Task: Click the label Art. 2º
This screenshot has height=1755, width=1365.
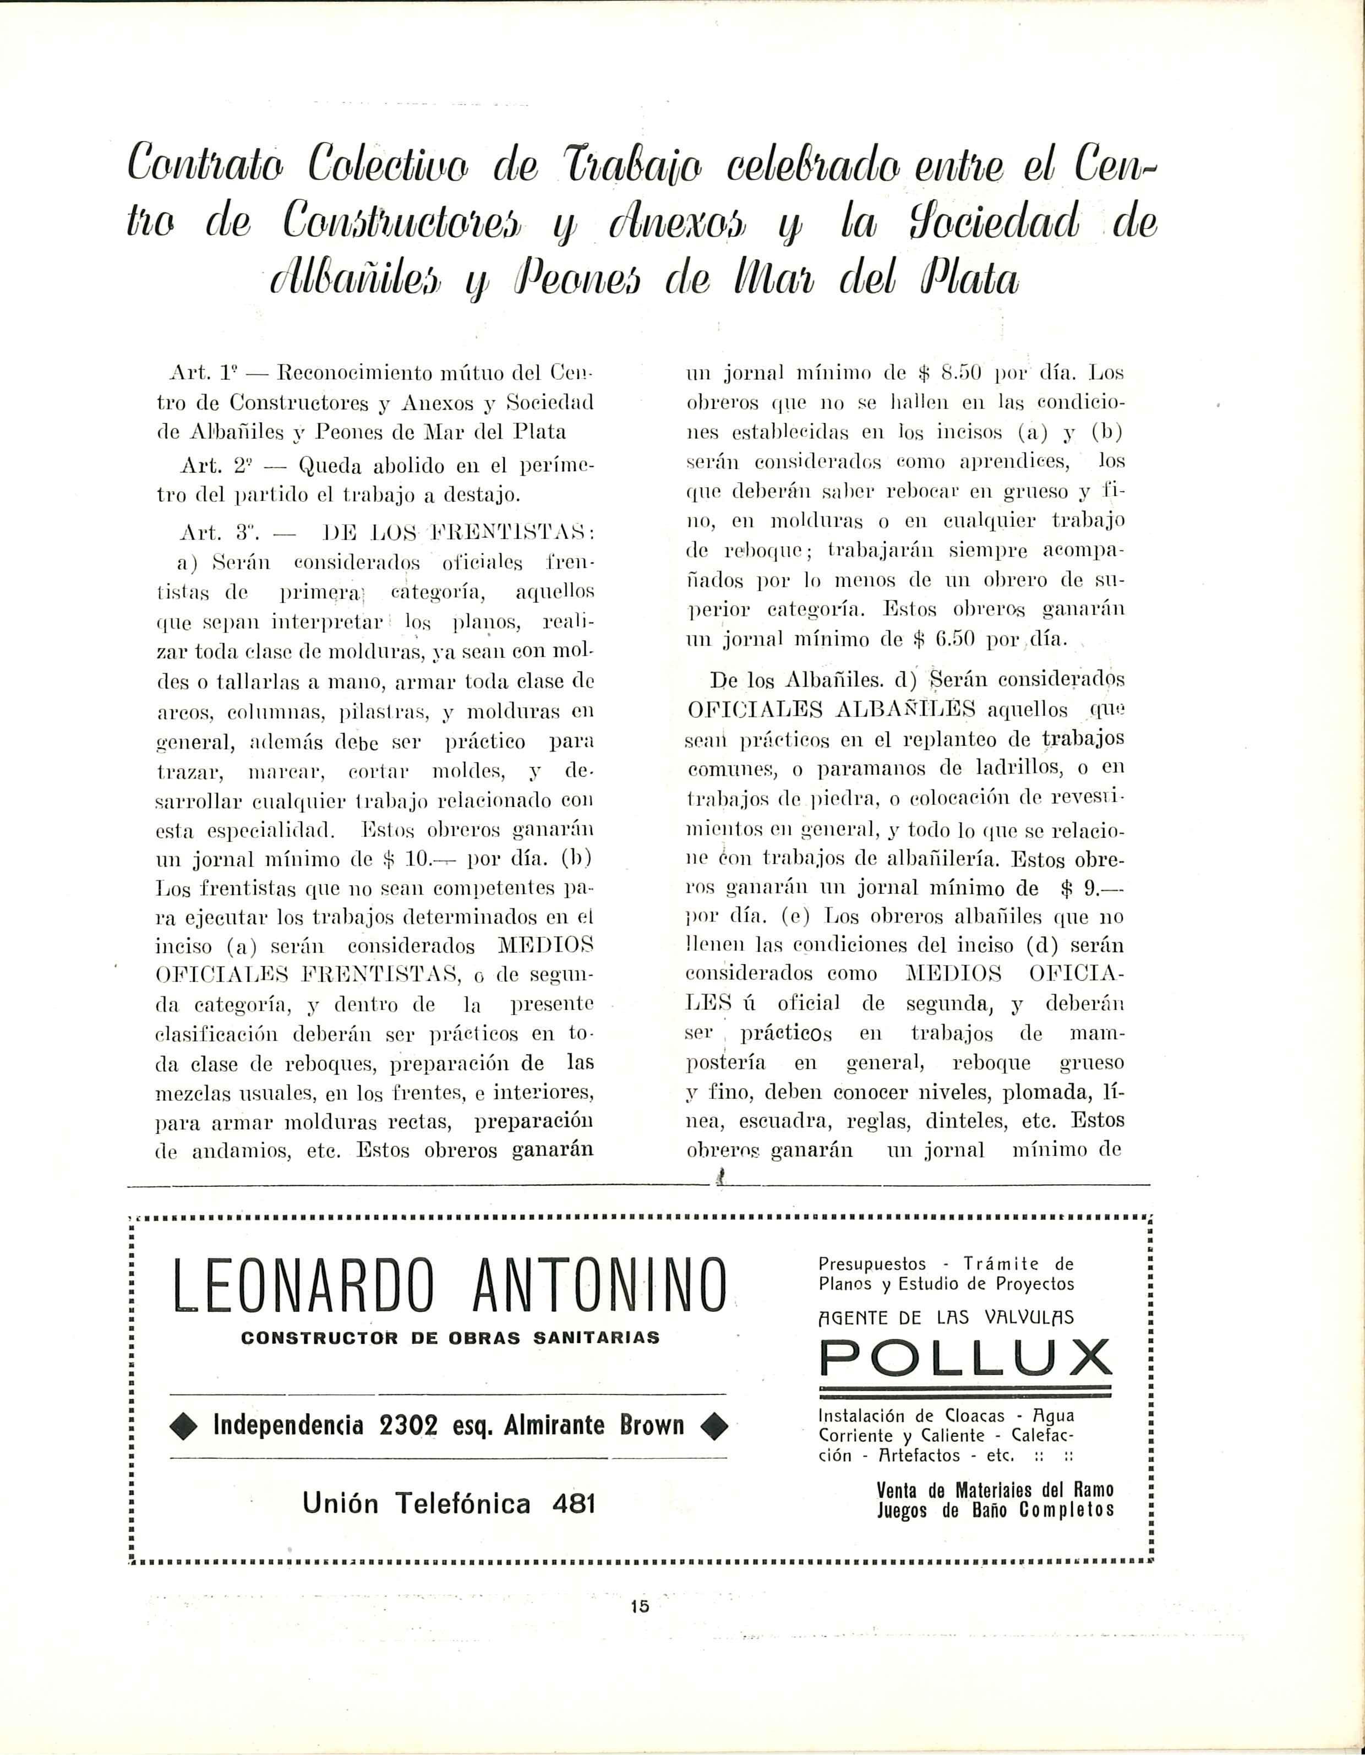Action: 208,465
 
